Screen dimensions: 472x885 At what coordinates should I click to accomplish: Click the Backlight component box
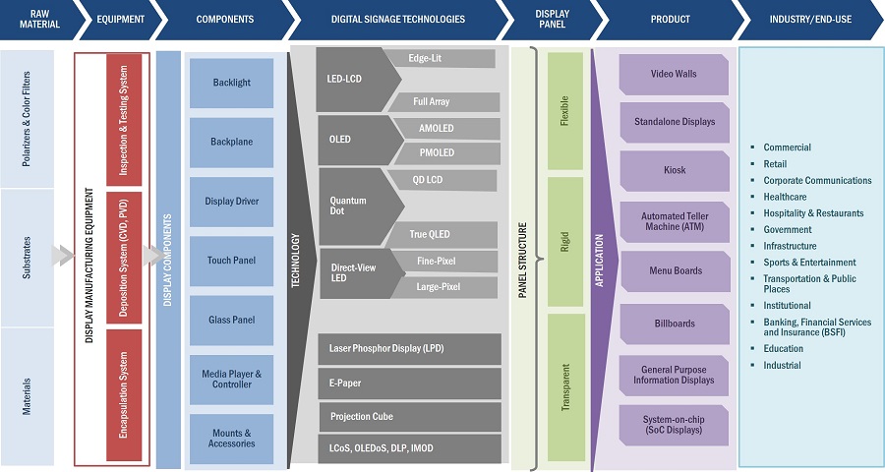[231, 83]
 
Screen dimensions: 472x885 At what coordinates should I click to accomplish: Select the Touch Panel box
[231, 261]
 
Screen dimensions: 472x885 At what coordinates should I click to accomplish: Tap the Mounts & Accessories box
[231, 438]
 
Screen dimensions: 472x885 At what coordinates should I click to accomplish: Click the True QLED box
[430, 234]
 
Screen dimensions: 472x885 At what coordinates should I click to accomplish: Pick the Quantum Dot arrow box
[354, 206]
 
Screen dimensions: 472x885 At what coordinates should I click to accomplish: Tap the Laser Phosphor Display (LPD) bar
[409, 350]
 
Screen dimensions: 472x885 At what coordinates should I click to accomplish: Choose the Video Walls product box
[674, 74]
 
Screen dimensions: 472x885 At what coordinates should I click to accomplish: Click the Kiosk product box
[674, 170]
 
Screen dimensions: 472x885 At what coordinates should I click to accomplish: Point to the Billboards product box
[674, 323]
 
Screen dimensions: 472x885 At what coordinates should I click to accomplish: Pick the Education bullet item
[783, 348]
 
